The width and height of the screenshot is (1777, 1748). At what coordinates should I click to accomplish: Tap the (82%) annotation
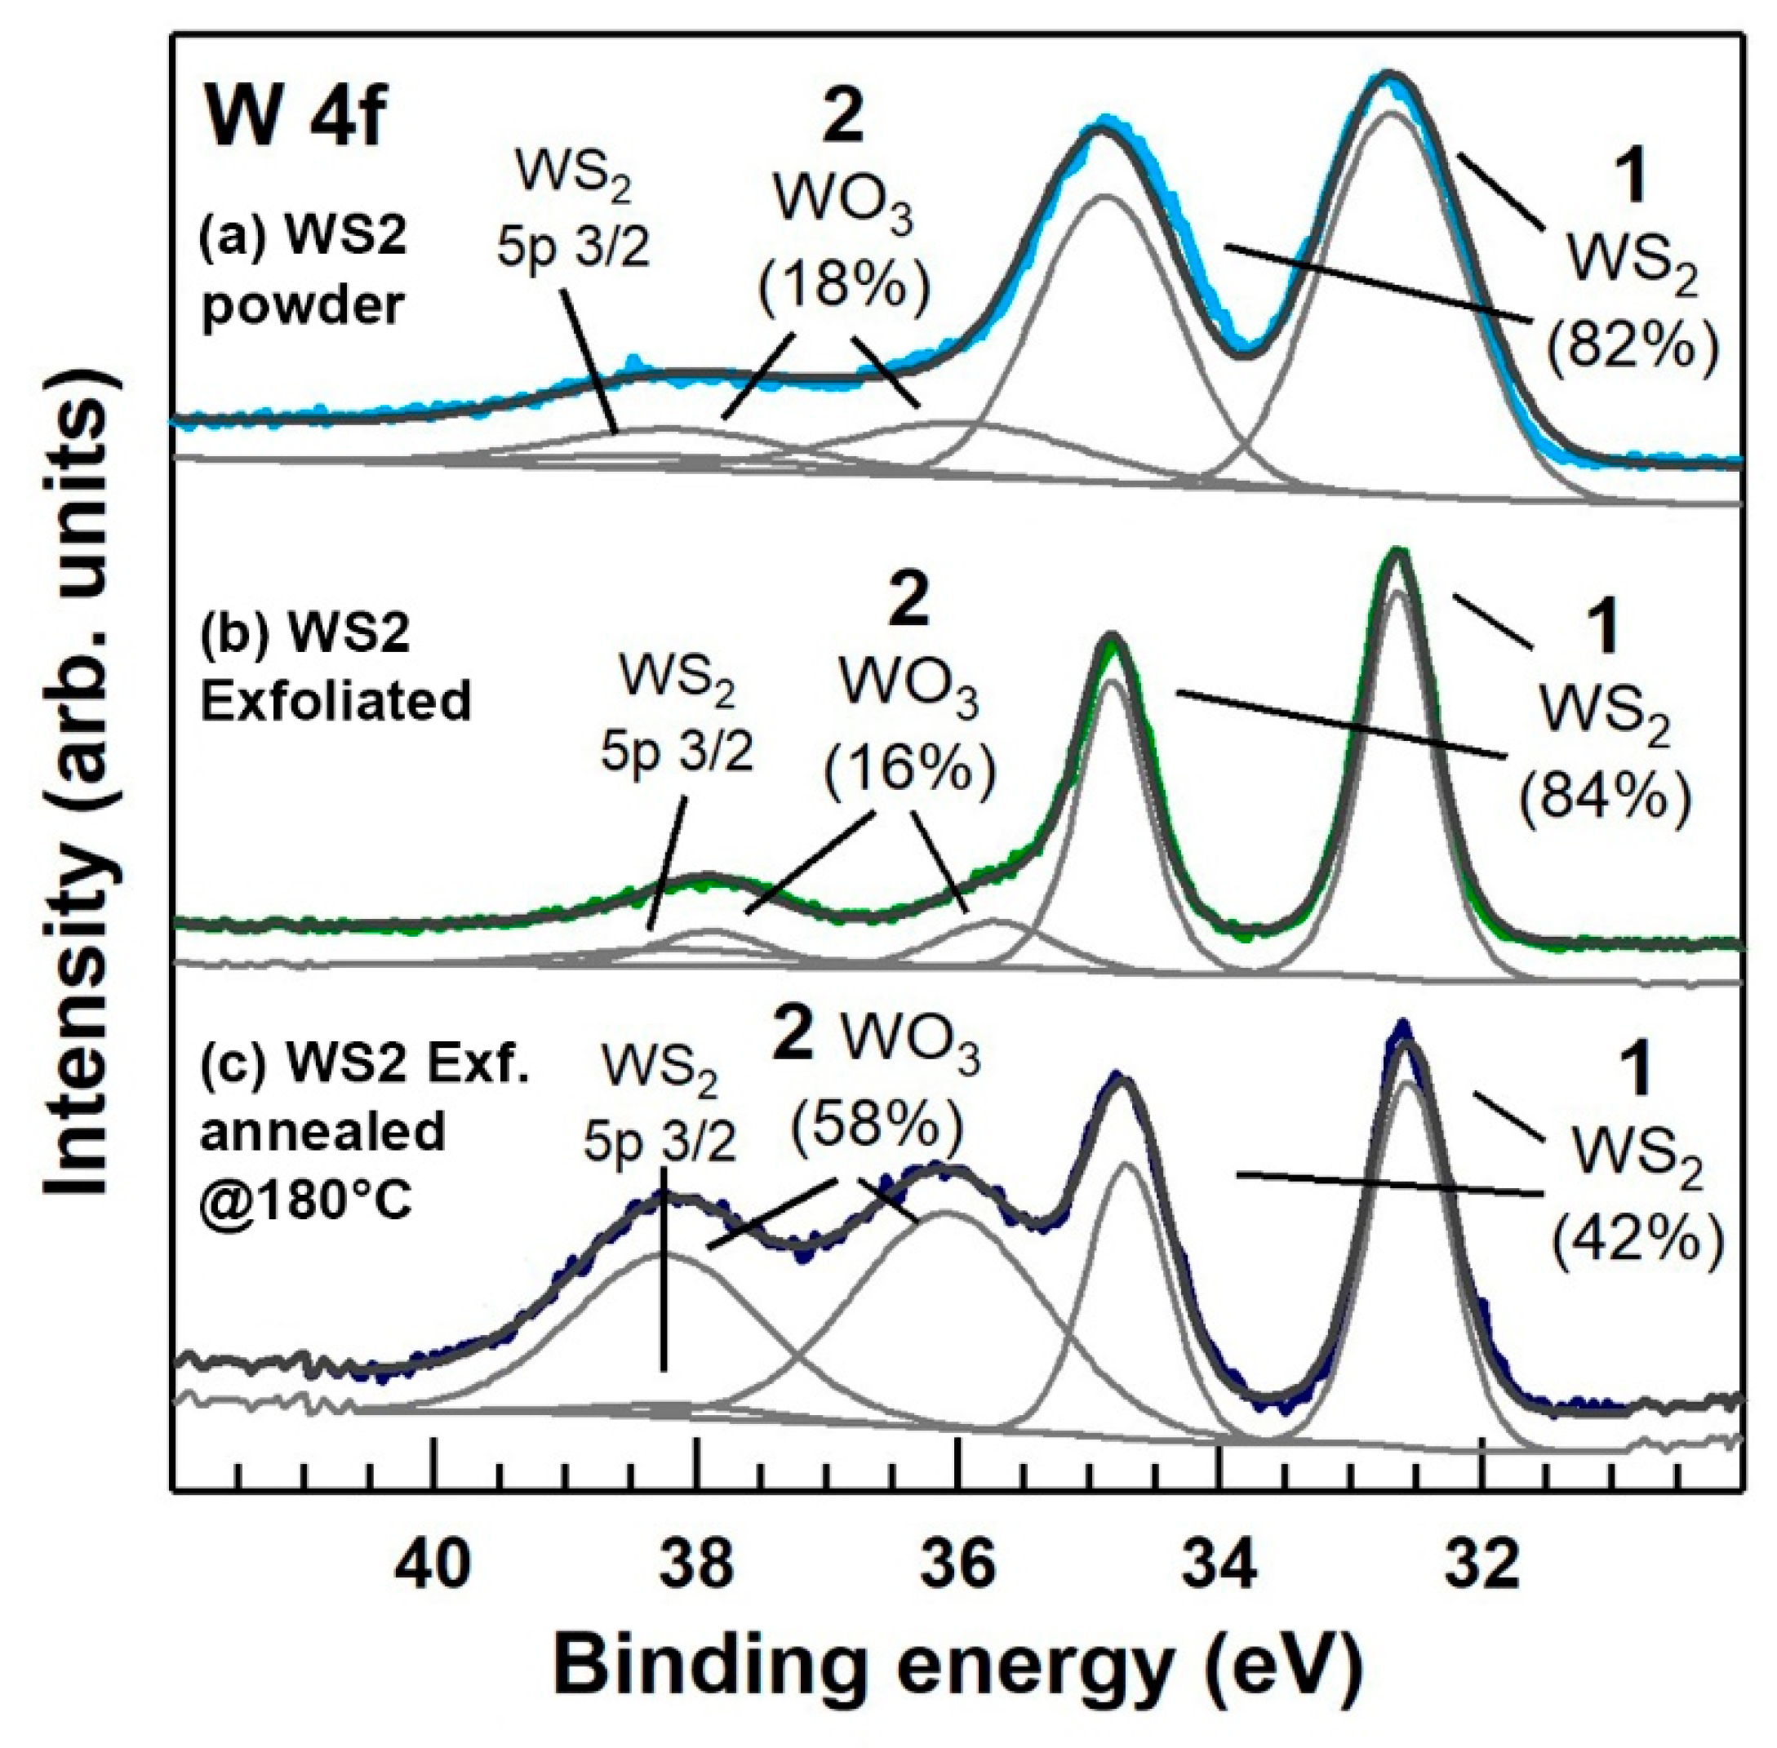click(1631, 351)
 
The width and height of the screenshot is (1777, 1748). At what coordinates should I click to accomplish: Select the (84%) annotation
click(1603, 796)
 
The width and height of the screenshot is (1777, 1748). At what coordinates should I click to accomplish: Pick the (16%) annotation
click(909, 771)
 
